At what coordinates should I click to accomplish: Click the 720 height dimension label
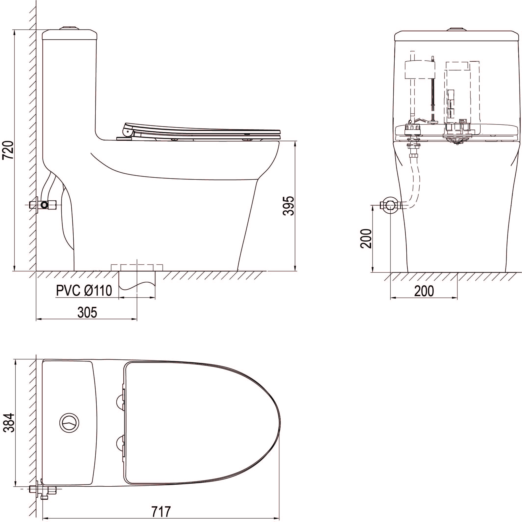click(8, 150)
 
